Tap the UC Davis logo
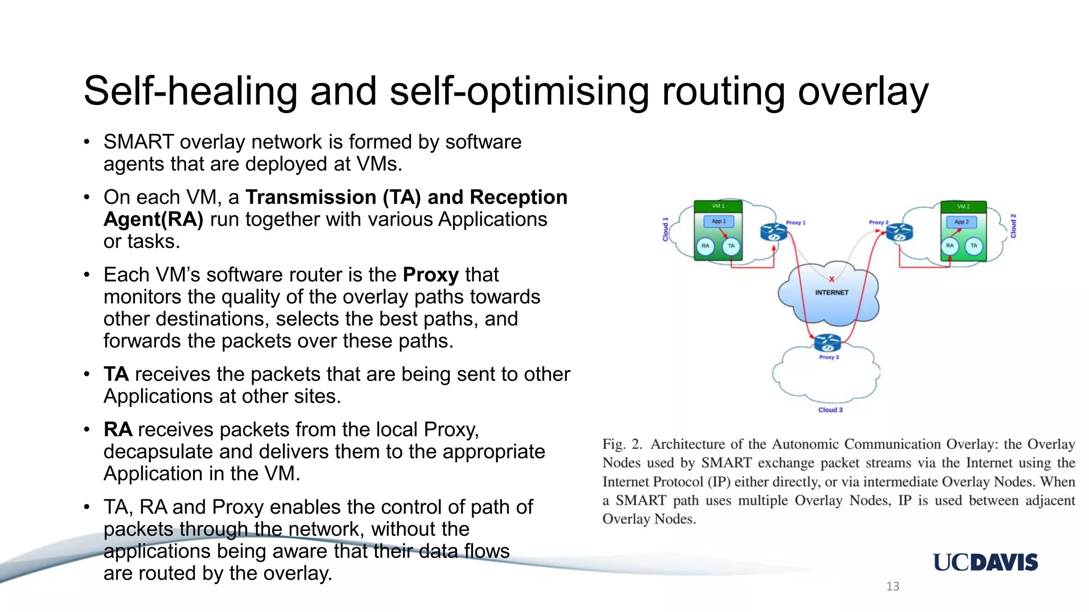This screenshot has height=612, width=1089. point(985,562)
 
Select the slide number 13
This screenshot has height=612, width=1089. point(892,586)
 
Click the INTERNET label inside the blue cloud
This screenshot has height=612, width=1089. point(832,292)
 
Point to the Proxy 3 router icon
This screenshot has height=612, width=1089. point(827,343)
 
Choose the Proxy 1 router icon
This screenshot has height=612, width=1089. point(774,232)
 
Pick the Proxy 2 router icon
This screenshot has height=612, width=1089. point(899,232)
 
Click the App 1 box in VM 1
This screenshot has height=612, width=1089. point(718,221)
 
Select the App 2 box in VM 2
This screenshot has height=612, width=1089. point(961,222)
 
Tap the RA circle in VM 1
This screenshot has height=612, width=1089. point(705,246)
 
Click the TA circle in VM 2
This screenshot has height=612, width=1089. point(974,245)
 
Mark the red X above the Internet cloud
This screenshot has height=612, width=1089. point(832,279)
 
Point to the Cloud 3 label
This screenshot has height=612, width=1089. point(830,410)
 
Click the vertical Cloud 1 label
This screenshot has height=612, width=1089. point(665,229)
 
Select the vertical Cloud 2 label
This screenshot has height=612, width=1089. point(1013,226)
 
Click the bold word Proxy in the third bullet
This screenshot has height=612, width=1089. point(430,275)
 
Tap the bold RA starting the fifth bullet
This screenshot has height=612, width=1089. point(118,429)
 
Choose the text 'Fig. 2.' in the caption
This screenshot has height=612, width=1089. point(622,444)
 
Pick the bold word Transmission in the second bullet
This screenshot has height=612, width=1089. point(311,197)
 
